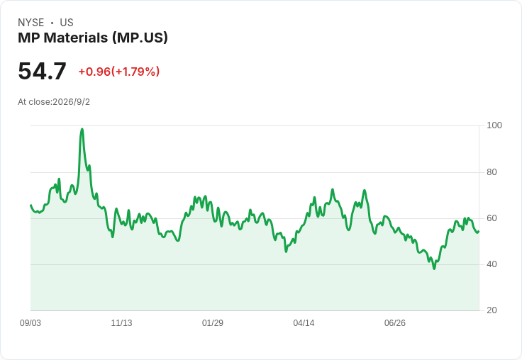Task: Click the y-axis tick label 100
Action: pyautogui.click(x=494, y=125)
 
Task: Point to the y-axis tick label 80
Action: pyautogui.click(x=492, y=172)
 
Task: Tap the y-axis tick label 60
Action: pyautogui.click(x=492, y=218)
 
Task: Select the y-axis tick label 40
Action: pyautogui.click(x=492, y=264)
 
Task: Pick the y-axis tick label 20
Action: pyautogui.click(x=492, y=310)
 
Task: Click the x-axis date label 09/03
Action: pyautogui.click(x=30, y=323)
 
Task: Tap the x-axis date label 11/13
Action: pyautogui.click(x=121, y=323)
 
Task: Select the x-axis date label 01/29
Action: pyautogui.click(x=212, y=323)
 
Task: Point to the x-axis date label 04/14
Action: pyautogui.click(x=304, y=323)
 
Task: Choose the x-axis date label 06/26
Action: pyautogui.click(x=395, y=323)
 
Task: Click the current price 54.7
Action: pyautogui.click(x=42, y=72)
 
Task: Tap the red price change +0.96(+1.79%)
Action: pyautogui.click(x=119, y=72)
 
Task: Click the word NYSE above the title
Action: pyautogui.click(x=31, y=23)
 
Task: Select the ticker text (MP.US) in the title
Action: pyautogui.click(x=140, y=38)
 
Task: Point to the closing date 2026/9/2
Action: pyautogui.click(x=71, y=102)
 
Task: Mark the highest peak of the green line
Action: pyautogui.click(x=82, y=129)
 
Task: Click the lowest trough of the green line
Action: pyautogui.click(x=434, y=268)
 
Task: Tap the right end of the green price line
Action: pyautogui.click(x=479, y=231)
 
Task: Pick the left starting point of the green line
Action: pyautogui.click(x=30, y=205)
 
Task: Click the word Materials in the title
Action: pyautogui.click(x=76, y=38)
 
